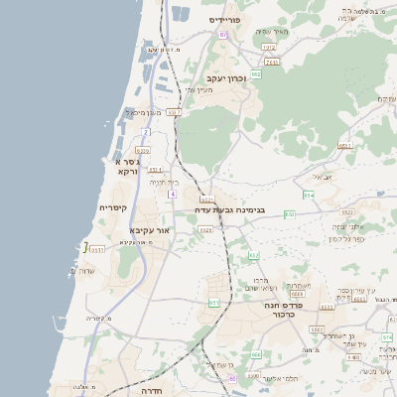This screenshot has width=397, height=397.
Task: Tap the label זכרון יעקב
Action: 225,77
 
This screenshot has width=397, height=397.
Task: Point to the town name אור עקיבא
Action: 150,230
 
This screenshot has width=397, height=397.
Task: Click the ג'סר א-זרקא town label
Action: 127,166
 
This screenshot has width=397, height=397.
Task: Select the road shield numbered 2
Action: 145,131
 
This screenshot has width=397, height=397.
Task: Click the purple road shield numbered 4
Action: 173,195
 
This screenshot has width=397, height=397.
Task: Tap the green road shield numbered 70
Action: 289,214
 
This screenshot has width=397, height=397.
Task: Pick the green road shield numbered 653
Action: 254,256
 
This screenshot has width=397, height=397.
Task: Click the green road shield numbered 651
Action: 213,303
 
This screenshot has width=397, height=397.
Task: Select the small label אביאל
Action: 322,177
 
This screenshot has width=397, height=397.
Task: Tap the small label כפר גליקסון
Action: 342,238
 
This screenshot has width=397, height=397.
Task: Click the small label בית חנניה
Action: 163,183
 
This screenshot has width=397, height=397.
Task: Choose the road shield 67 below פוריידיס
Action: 223,35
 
